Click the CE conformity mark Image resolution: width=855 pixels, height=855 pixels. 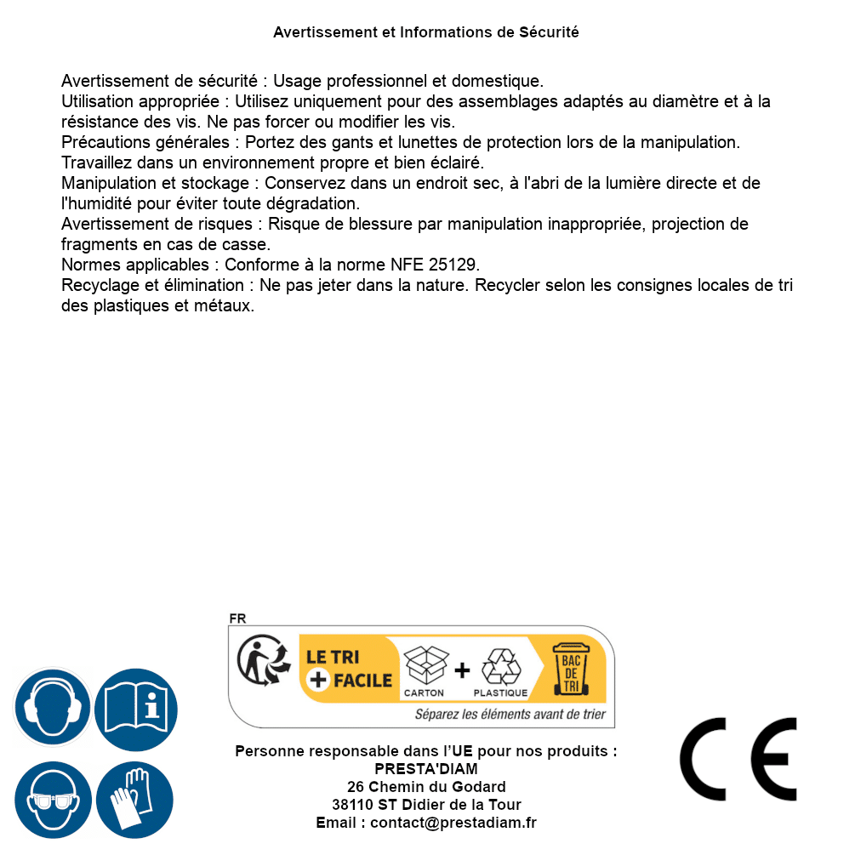(738, 759)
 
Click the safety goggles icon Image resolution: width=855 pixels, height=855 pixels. (52, 800)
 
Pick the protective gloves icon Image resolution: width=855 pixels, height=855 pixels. (134, 800)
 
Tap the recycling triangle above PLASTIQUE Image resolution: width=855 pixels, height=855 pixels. (500, 667)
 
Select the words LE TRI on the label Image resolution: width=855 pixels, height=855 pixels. (333, 658)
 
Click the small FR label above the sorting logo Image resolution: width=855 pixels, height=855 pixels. (237, 618)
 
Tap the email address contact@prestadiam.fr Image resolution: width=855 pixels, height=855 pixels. (453, 823)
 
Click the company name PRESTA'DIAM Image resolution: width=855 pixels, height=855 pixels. (426, 769)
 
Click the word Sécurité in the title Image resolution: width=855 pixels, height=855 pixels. (549, 32)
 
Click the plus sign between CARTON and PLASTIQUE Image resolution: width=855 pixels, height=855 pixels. (462, 670)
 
